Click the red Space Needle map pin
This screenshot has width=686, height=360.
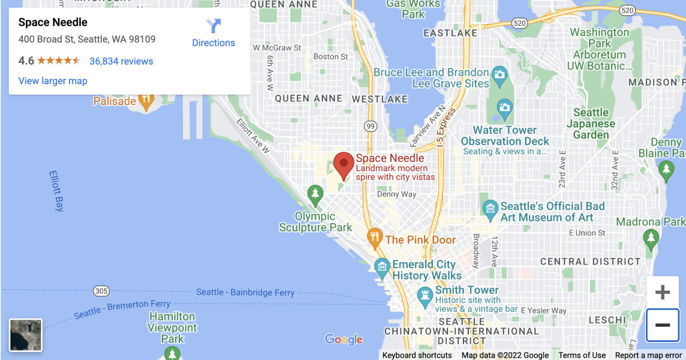[x=344, y=164]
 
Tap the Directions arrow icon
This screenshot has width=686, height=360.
[x=213, y=26]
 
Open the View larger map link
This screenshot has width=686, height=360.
[x=53, y=81]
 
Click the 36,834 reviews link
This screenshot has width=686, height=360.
[x=121, y=61]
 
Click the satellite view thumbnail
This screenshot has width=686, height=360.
[x=26, y=335]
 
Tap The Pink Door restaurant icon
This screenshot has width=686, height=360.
[x=374, y=236]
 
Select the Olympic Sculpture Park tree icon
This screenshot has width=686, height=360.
[x=315, y=193]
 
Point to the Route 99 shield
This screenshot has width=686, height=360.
[x=370, y=126]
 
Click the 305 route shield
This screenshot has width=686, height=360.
[x=101, y=291]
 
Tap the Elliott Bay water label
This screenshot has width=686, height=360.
[x=57, y=191]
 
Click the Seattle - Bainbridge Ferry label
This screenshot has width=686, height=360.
[x=245, y=293]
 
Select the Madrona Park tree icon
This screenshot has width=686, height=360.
[x=650, y=237]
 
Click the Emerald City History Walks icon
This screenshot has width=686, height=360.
[x=382, y=266]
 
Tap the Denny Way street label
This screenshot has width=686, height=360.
[x=397, y=194]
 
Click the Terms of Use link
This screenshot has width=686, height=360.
[x=582, y=355]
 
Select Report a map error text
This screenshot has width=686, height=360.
[x=648, y=355]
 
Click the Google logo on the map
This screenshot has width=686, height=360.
[x=344, y=340]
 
